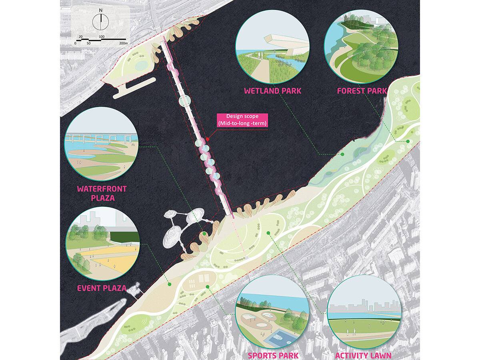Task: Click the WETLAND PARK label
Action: pos(273,91)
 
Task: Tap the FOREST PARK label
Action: pos(362,91)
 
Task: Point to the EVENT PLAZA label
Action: pos(102,288)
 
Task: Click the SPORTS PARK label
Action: pos(273,355)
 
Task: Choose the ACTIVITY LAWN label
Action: pos(363,355)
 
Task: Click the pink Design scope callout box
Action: pos(242,120)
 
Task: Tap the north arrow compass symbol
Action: pos(102,22)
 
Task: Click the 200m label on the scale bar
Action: pos(122,42)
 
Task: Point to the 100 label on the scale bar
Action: pos(102,37)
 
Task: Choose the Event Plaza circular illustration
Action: pos(103,243)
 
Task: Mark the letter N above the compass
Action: pos(102,10)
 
